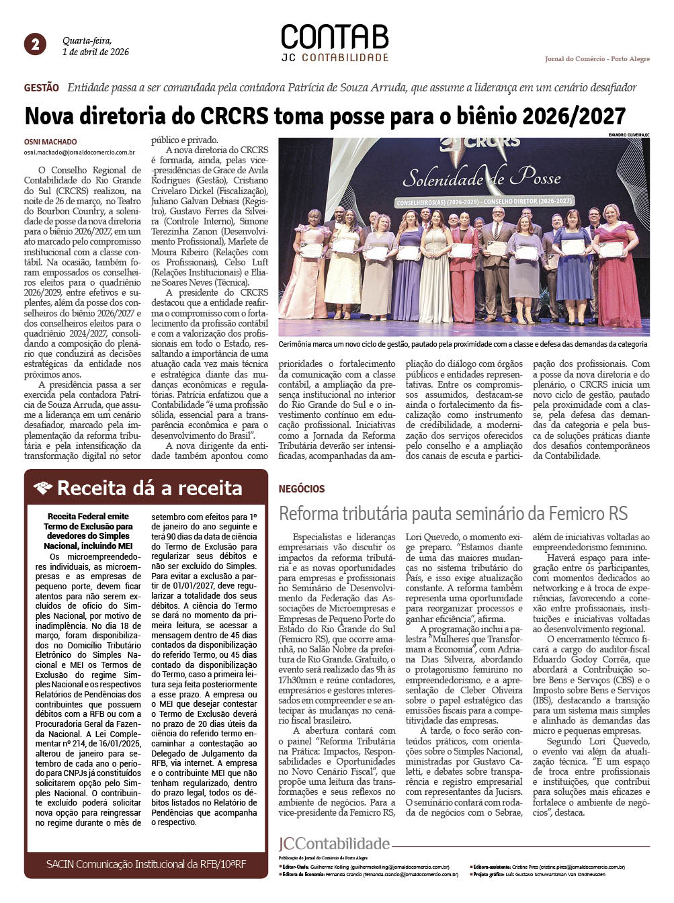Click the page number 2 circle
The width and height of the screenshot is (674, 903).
(x=35, y=44)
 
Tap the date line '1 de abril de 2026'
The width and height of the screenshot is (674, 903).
(x=95, y=52)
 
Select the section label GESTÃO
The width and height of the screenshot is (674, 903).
(x=42, y=88)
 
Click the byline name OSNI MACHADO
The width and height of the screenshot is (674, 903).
(x=50, y=142)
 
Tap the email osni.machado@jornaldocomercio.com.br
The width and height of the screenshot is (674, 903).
(x=79, y=153)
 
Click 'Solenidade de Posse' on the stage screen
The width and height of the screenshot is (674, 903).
(x=481, y=177)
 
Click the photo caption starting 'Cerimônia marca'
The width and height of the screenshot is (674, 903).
(x=463, y=344)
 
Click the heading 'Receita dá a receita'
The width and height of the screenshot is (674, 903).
(x=150, y=488)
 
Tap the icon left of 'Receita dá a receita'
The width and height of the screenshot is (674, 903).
(x=43, y=488)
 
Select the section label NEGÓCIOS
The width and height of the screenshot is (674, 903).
(x=302, y=489)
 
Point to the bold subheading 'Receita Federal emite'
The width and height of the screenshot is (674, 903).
(x=88, y=517)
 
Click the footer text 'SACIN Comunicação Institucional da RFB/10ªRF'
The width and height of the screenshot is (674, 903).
(x=146, y=864)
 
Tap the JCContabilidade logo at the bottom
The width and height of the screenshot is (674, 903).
(x=334, y=844)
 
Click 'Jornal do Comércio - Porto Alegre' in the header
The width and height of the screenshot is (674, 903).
(x=597, y=59)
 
